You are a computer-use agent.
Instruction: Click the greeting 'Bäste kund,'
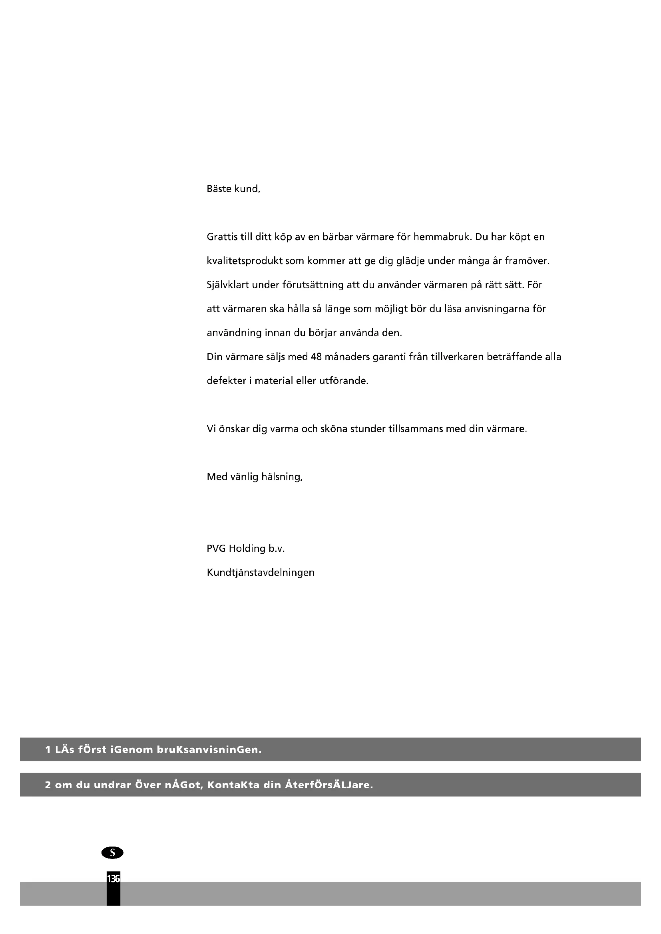pyautogui.click(x=233, y=189)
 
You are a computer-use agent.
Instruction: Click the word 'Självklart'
pyautogui.click(x=227, y=285)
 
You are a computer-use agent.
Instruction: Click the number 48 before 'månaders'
pyautogui.click(x=316, y=357)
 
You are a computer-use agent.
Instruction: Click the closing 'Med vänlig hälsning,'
pyautogui.click(x=255, y=477)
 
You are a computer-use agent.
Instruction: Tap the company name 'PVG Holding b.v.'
pyautogui.click(x=245, y=549)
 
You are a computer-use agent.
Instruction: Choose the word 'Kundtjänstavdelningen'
pyautogui.click(x=261, y=573)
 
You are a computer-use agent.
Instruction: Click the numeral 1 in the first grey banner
pyautogui.click(x=48, y=749)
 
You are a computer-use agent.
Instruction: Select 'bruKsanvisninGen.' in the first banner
pyautogui.click(x=209, y=749)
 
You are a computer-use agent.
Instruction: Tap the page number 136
pyautogui.click(x=113, y=878)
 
